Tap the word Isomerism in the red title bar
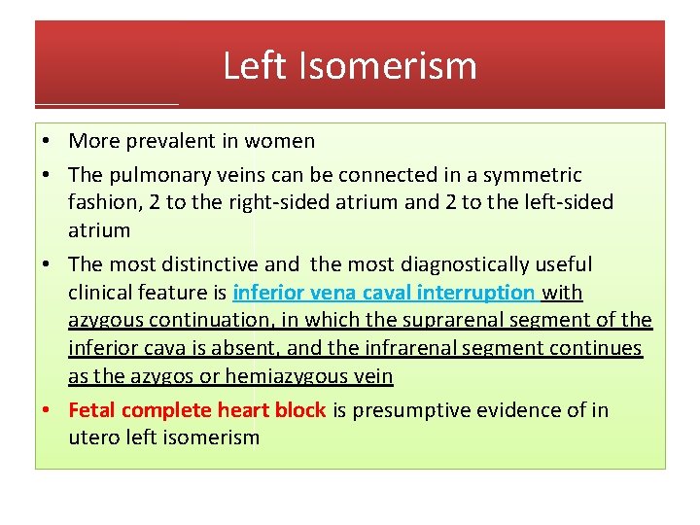(383, 66)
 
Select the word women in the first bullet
(280, 141)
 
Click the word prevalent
(169, 141)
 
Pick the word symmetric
(534, 175)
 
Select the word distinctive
(212, 264)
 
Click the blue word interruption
(479, 293)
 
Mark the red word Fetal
(92, 410)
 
